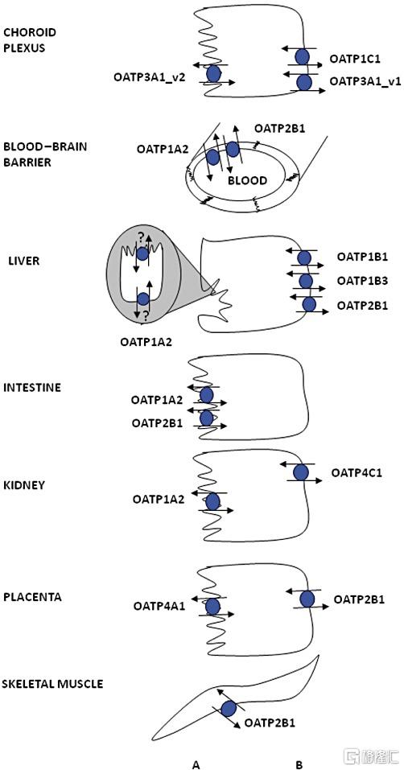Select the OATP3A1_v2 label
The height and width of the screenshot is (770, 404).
(x=144, y=76)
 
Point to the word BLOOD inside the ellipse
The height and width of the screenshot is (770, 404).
(x=247, y=181)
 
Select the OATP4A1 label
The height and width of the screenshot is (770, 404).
(x=159, y=606)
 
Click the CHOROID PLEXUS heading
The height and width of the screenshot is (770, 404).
(x=30, y=41)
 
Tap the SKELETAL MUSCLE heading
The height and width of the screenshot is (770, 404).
(x=53, y=684)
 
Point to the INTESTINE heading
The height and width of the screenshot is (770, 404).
(x=32, y=388)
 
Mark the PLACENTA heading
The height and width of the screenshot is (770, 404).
(x=32, y=597)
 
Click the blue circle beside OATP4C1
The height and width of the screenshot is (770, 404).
(x=300, y=473)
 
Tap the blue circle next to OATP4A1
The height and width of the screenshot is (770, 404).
(x=212, y=606)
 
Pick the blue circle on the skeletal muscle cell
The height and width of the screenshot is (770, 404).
(x=229, y=709)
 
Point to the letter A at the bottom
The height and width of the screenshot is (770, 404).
(x=196, y=764)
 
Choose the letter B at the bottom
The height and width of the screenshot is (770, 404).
(x=299, y=764)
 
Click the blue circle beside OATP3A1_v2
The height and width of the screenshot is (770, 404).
(x=213, y=74)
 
